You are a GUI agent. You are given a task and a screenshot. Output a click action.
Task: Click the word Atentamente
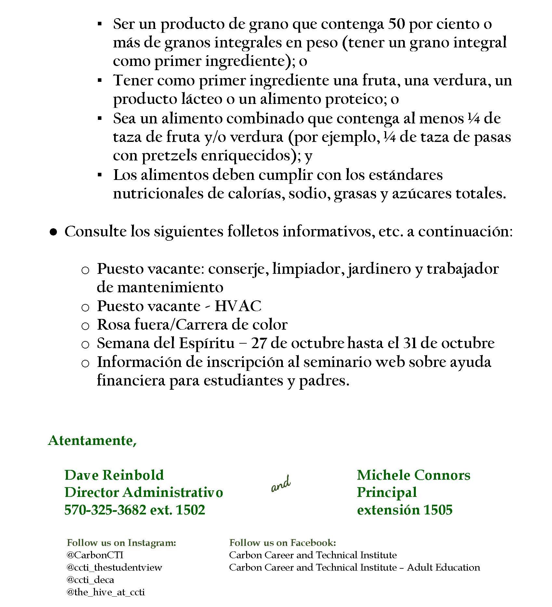pos(92,440)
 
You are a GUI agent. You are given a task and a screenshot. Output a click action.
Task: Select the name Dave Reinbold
pos(114,475)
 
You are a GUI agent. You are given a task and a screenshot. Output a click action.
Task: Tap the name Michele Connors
pos(413,475)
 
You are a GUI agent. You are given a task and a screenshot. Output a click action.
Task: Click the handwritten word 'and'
pos(281,484)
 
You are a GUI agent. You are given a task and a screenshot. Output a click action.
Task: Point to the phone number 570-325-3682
pos(105,510)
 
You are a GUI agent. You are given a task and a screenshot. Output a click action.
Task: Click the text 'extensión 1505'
pos(404,510)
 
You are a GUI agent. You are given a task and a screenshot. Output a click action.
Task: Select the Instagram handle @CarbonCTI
pos(95,555)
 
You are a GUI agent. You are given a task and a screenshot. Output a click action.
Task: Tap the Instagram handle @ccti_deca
pos(90,580)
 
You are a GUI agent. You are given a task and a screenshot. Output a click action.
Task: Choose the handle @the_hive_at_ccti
pos(105,592)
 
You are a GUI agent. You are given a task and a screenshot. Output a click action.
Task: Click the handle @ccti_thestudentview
pos(114,567)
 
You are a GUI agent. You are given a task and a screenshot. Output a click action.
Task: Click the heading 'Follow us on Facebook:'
pos(283,542)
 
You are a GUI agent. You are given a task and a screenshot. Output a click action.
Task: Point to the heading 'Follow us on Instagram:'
pos(121,542)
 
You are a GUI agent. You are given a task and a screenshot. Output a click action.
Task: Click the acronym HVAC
pos(238,306)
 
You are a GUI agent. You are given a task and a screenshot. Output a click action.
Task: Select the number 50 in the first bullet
pos(396,24)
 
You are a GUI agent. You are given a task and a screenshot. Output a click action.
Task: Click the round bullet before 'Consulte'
pos(54,232)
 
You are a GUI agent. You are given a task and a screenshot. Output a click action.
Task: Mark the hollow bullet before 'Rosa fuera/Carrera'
pos(85,326)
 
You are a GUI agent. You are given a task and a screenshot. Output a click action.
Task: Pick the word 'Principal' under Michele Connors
pos(387,492)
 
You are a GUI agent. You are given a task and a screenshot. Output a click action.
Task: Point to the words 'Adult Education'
pos(443,567)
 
